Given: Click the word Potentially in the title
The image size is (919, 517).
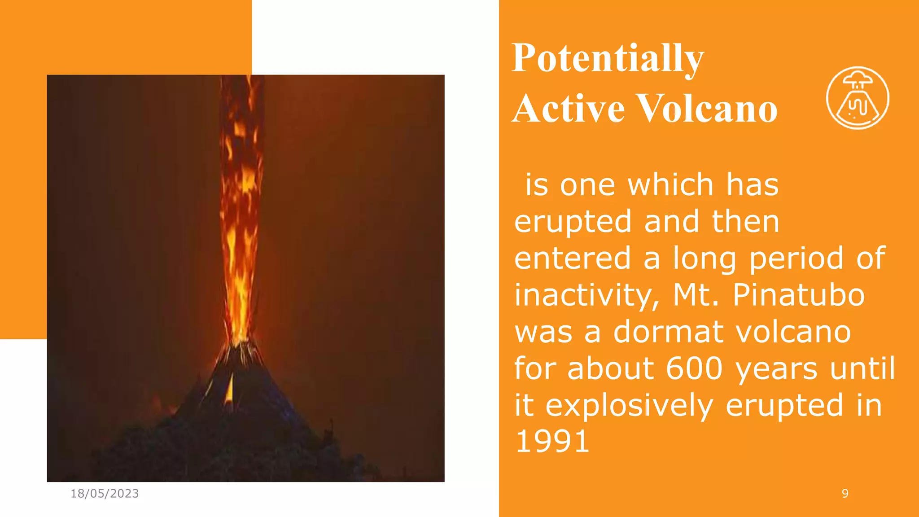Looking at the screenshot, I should point(608,58).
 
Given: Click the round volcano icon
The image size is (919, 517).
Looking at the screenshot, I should point(858,98).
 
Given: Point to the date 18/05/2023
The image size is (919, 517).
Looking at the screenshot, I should point(105,494).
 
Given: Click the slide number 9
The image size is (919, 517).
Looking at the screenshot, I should point(845,494).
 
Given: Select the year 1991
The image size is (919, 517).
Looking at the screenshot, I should point(552,442).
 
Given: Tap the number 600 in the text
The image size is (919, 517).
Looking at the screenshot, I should point(694,368).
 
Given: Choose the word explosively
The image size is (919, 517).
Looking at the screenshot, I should point(629,405).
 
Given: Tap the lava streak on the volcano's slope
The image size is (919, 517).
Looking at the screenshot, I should point(230,388).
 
